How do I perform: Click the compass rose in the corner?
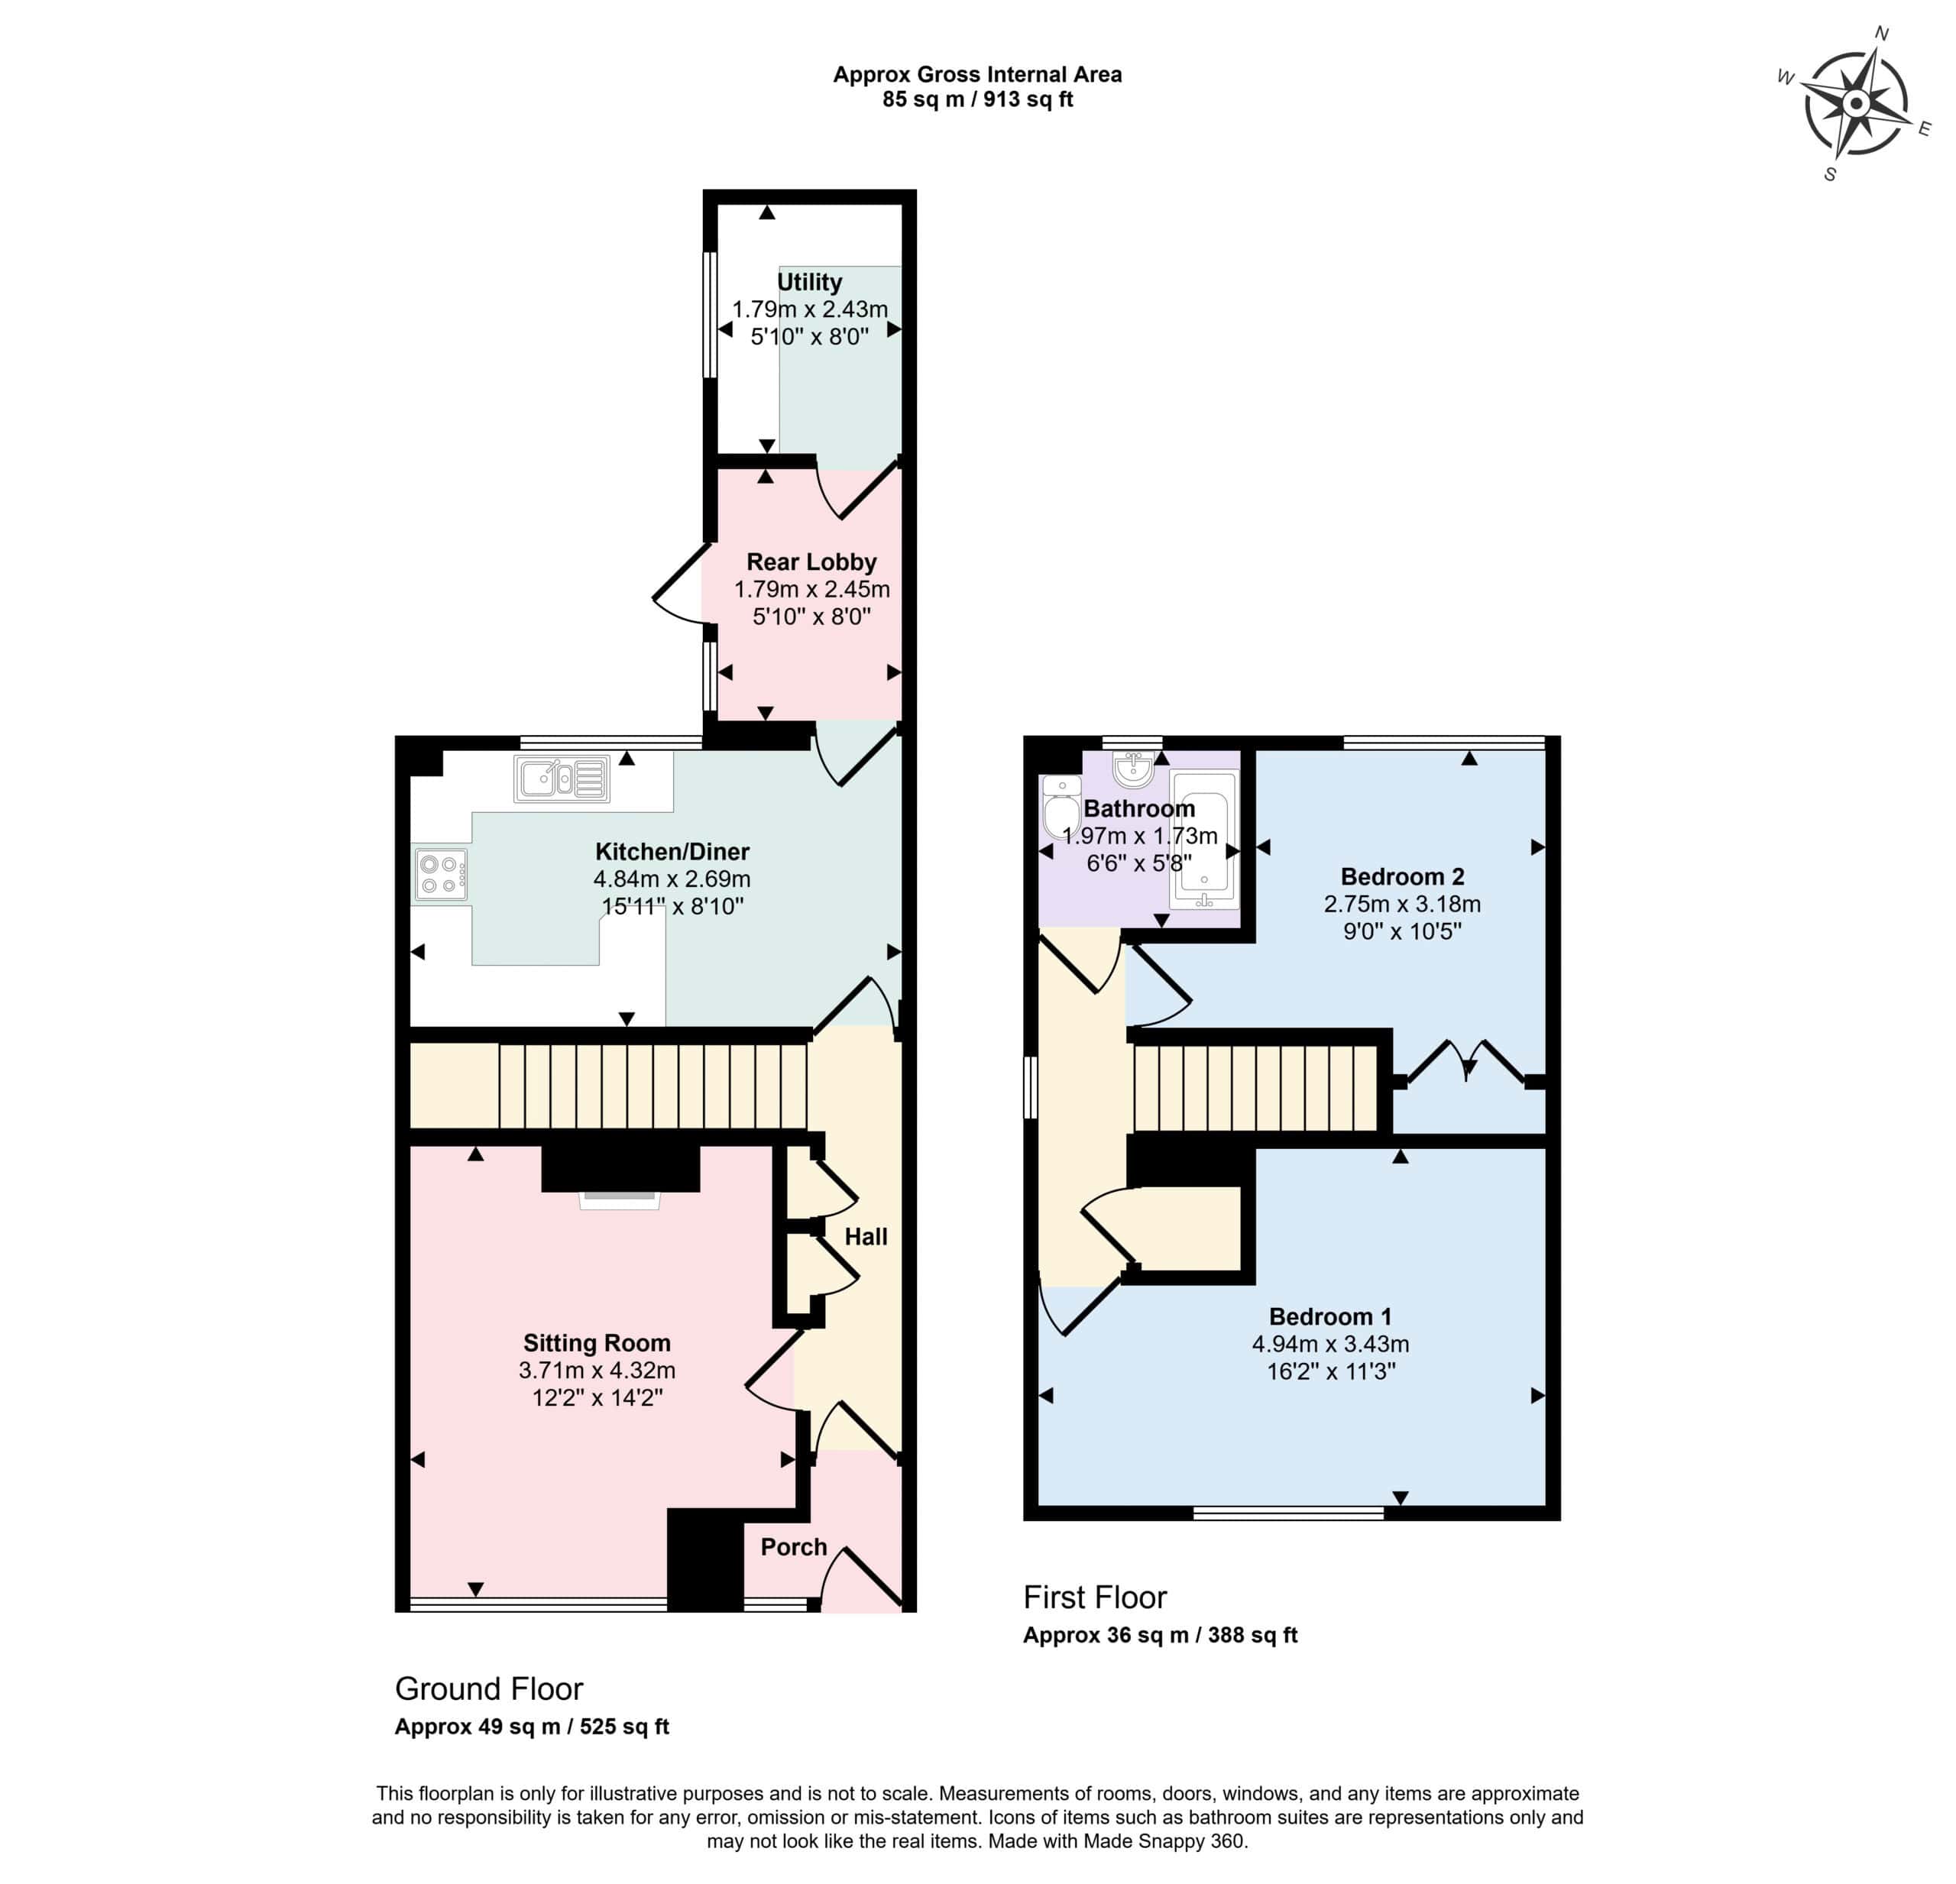(1855, 103)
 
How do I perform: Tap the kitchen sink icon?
(562, 779)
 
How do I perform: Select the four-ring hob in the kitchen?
(441, 874)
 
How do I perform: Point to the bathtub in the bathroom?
(1203, 840)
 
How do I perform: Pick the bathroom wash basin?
(1134, 769)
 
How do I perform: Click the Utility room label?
(809, 283)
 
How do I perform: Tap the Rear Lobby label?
(811, 562)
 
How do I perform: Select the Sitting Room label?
(597, 1343)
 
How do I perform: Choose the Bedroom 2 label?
(1402, 877)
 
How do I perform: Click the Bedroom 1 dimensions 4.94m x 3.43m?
(1330, 1344)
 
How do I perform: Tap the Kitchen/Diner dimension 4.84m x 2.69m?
(672, 879)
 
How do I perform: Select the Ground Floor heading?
(489, 1688)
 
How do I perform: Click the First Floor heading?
(1095, 1597)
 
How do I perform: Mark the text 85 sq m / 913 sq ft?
(977, 100)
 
